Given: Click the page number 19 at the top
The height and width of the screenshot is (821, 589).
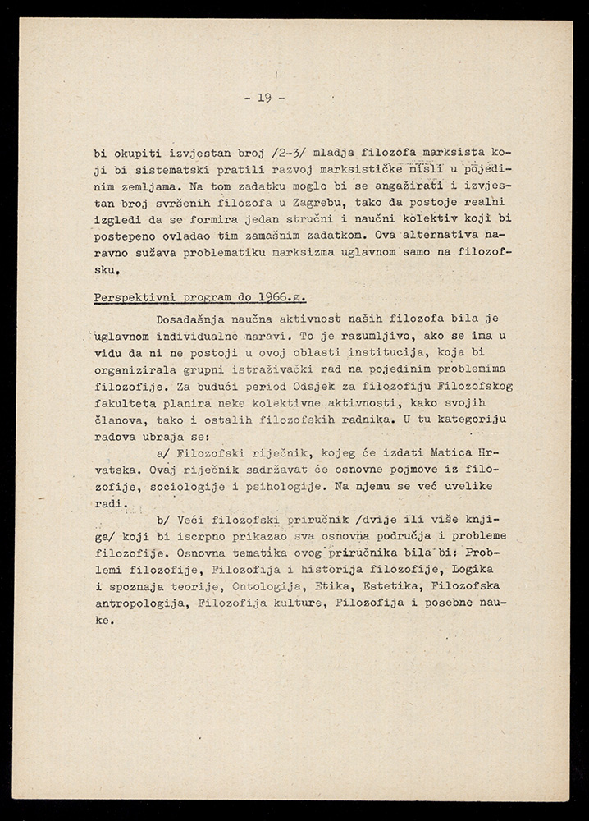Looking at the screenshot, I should coord(264,98).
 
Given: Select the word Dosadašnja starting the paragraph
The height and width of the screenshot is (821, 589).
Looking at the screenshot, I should coord(197,318).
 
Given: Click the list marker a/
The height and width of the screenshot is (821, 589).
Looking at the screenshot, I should coord(163,452).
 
